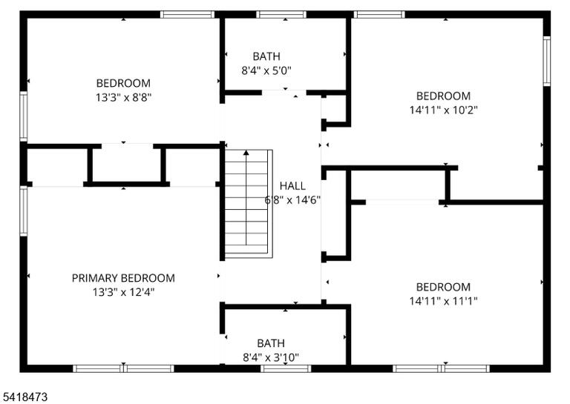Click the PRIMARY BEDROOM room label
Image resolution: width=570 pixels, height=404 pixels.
123,278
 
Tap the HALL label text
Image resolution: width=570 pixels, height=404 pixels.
292,186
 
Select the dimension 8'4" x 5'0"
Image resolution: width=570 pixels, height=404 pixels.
266,70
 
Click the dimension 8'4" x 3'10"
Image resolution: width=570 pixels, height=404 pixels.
271,357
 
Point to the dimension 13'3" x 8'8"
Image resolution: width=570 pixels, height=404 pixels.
124,97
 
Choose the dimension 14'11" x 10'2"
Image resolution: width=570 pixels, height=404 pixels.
444,110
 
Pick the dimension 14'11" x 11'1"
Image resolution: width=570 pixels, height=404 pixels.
444,301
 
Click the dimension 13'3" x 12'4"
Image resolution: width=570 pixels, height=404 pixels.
124,292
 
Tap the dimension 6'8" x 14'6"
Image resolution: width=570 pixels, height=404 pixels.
292,199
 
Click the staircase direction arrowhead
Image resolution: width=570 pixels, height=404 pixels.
246,153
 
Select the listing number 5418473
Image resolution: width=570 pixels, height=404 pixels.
24,397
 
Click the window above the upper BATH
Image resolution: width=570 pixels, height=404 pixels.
281,15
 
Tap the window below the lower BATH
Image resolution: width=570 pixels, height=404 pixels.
286,369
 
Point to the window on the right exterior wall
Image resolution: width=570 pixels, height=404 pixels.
547,61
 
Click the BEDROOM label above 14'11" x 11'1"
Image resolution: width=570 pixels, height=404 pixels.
444,287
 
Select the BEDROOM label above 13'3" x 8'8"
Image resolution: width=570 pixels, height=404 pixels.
124,83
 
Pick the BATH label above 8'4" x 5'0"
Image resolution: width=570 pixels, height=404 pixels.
266,56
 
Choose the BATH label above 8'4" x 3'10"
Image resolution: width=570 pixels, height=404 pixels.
271,343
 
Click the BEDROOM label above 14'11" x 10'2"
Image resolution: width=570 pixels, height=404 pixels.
444,96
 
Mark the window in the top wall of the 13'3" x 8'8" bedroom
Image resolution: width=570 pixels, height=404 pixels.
188,15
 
